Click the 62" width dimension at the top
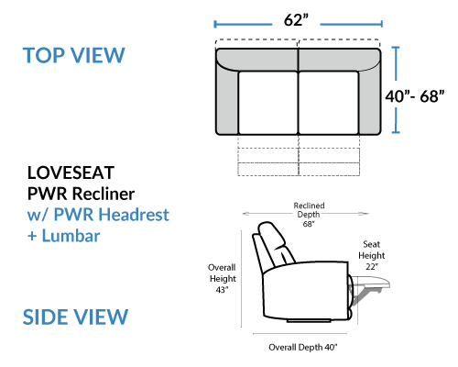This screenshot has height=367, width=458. click(x=296, y=20)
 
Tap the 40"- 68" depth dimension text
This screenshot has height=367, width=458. click(x=414, y=96)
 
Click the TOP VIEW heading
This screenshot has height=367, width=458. click(x=74, y=55)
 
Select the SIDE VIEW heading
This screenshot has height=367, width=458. click(x=75, y=317)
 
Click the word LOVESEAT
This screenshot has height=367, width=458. click(x=71, y=172)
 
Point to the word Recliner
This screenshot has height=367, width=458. click(x=104, y=194)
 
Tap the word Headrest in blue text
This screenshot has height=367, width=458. click(x=134, y=215)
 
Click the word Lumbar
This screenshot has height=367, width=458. click(x=71, y=236)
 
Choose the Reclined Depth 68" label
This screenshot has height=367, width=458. click(x=309, y=215)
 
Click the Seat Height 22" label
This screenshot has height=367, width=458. click(x=372, y=255)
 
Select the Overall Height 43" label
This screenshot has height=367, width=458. click(x=223, y=279)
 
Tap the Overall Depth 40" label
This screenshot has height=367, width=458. click(x=303, y=347)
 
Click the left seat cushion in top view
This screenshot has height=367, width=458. click(x=268, y=103)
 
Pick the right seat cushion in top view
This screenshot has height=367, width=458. click(x=329, y=103)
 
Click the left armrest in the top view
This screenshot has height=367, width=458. click(x=227, y=101)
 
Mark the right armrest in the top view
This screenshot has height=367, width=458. click(x=369, y=101)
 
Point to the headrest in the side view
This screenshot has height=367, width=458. click(x=272, y=240)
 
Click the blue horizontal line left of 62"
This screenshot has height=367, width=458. click(x=243, y=24)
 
